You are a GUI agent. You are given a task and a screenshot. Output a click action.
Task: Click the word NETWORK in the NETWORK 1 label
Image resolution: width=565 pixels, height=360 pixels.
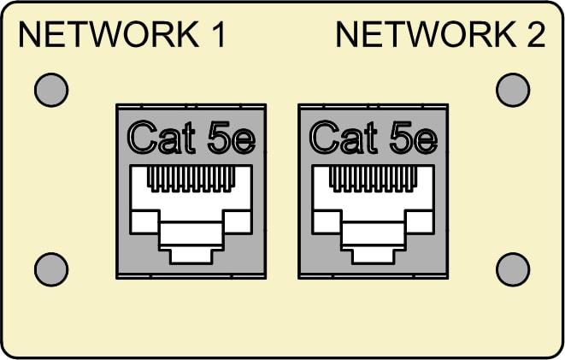point(109,34)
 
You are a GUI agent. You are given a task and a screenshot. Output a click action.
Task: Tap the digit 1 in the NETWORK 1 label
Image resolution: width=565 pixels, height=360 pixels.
point(218,34)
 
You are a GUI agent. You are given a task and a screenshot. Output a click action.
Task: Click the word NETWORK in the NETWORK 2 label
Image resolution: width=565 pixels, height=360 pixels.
point(427,34)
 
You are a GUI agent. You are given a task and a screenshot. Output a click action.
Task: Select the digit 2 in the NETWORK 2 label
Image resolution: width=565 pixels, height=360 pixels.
point(536,34)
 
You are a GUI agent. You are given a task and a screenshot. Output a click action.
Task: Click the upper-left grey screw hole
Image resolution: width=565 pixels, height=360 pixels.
point(51,90)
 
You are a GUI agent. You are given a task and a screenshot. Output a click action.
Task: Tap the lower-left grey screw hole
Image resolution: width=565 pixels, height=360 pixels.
point(51,269)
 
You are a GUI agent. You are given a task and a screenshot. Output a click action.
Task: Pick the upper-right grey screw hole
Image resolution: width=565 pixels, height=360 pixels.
point(513,90)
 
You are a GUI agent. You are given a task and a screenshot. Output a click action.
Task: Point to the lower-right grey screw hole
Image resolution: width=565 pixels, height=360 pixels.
point(513,269)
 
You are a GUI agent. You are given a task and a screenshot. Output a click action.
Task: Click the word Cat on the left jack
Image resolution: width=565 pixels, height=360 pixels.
point(161,138)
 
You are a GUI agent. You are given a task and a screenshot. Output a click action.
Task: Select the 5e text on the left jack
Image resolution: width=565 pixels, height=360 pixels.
point(232,138)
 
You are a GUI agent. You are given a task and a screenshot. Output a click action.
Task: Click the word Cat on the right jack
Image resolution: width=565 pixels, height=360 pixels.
point(344,138)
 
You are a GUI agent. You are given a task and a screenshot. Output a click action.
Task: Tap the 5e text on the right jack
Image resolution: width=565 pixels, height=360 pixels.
point(414,138)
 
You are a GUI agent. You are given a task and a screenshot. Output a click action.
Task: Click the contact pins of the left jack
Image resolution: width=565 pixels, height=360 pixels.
point(191,179)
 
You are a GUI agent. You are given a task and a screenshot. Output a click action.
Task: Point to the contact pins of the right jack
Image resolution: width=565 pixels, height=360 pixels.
point(374,179)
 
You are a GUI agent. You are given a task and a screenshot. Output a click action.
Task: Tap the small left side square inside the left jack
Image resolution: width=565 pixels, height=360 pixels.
point(144,221)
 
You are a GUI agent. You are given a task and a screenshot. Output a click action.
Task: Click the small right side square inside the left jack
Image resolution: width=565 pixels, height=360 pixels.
point(237,221)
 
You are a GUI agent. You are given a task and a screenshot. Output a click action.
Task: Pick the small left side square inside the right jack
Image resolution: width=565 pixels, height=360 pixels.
point(327,221)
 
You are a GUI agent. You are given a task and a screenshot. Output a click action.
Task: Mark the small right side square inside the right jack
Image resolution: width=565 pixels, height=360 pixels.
point(420,221)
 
